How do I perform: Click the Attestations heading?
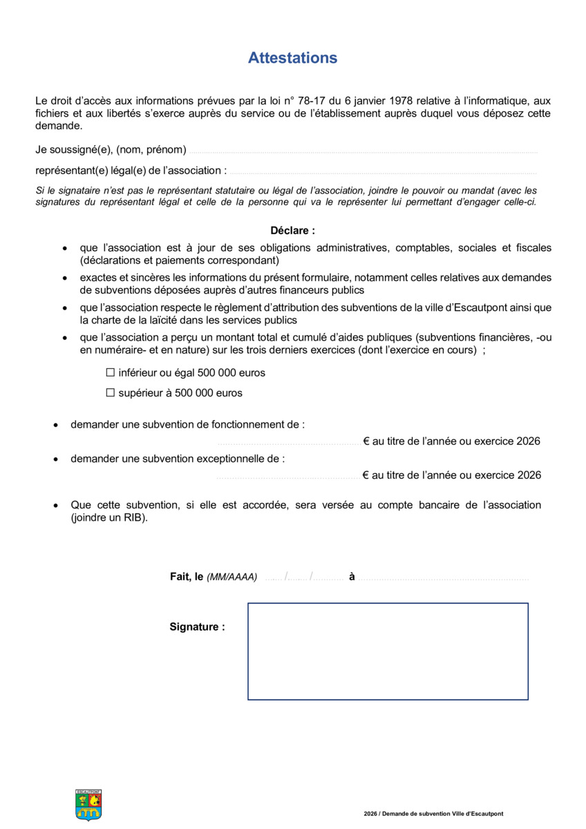pyautogui.click(x=292, y=58)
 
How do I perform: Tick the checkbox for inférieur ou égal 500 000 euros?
pyautogui.click(x=110, y=372)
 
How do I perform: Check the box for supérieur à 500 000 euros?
pyautogui.click(x=110, y=393)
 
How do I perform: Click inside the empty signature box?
pyautogui.click(x=388, y=651)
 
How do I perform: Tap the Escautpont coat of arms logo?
pyautogui.click(x=88, y=805)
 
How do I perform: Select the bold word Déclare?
pyautogui.click(x=292, y=231)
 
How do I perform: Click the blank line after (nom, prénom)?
pyautogui.click(x=363, y=151)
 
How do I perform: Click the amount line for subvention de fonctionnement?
pyautogui.click(x=288, y=443)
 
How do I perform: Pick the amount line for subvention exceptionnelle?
pyautogui.click(x=288, y=477)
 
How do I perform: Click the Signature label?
pyautogui.click(x=197, y=627)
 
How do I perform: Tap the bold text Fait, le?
pyautogui.click(x=187, y=577)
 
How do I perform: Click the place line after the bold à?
pyautogui.click(x=442, y=578)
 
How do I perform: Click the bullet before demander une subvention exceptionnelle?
pyautogui.click(x=57, y=459)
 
